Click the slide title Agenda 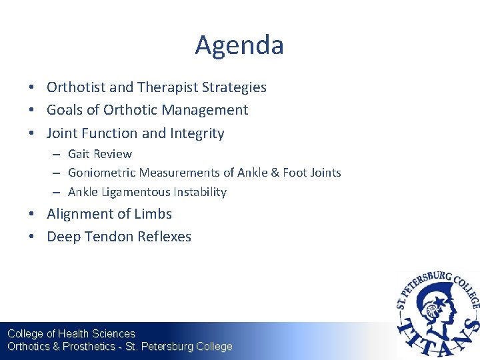[x=239, y=45]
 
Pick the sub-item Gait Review [x=100, y=154]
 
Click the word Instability [x=200, y=192]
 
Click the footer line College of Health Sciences [x=71, y=333]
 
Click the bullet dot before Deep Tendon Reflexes [x=32, y=237]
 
